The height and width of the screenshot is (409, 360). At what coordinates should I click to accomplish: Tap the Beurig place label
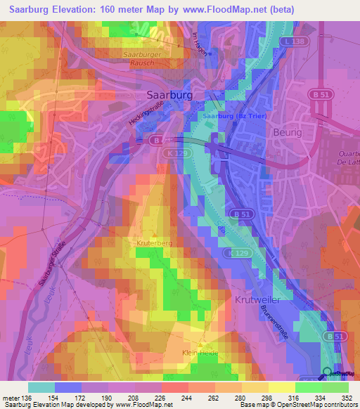286,131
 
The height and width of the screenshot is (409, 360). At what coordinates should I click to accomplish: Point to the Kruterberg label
155,242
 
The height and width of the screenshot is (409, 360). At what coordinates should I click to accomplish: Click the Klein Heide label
200,353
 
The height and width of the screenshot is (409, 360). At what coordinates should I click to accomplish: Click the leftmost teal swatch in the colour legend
41,387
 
